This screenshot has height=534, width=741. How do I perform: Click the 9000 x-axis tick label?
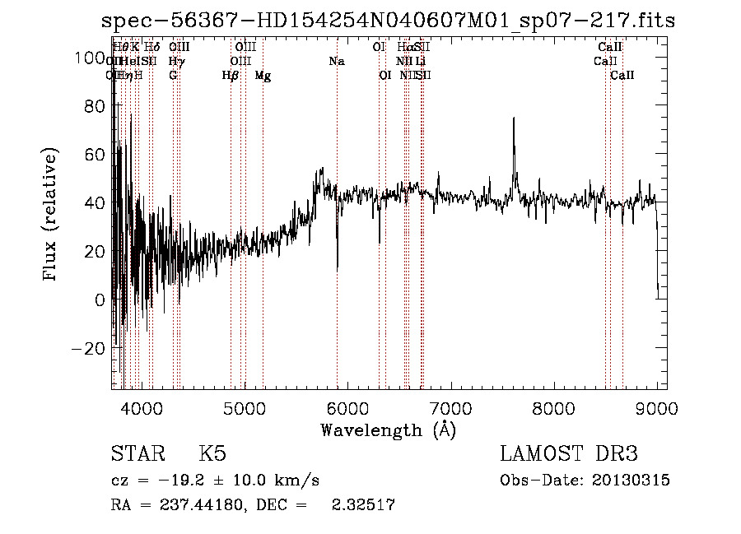656,406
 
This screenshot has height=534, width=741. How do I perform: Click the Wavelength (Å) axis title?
387,430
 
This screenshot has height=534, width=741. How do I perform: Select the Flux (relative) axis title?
51,216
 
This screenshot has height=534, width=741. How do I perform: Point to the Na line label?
336,61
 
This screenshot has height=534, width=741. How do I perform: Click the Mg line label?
263,76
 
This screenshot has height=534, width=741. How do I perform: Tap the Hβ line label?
231,76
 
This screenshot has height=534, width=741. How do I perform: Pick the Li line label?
420,61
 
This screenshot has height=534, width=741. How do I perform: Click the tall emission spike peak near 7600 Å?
514,118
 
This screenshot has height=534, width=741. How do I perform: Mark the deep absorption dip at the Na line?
337,268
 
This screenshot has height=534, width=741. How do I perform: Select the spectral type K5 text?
212,454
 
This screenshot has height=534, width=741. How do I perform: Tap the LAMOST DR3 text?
568,454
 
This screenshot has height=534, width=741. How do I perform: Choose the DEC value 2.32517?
361,505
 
